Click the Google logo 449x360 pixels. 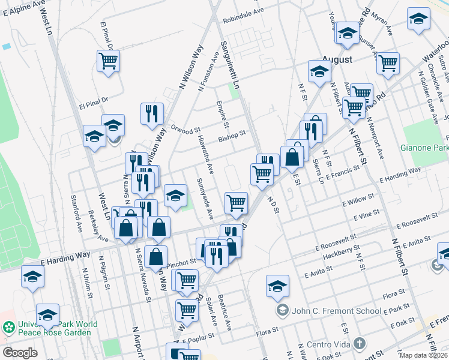(20, 353)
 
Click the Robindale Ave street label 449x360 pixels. (243, 11)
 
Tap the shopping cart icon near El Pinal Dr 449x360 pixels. (108, 61)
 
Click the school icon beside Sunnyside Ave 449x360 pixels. (175, 196)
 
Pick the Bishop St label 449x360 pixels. (232, 137)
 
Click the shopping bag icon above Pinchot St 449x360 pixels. (155, 256)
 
